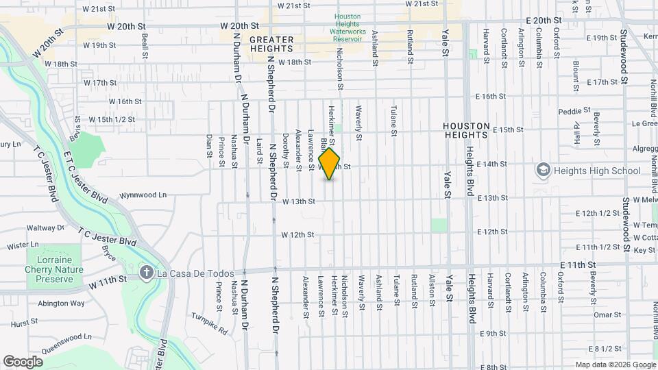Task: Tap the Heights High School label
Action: coord(587,169)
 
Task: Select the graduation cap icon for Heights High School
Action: coord(543,169)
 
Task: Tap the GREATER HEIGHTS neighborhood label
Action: coord(271,44)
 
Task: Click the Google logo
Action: coord(23,362)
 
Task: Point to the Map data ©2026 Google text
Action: coord(615,365)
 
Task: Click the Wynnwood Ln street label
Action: coord(143,195)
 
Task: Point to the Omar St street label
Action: coord(607,314)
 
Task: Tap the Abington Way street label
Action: coord(61,303)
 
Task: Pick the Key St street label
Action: coord(644,251)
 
